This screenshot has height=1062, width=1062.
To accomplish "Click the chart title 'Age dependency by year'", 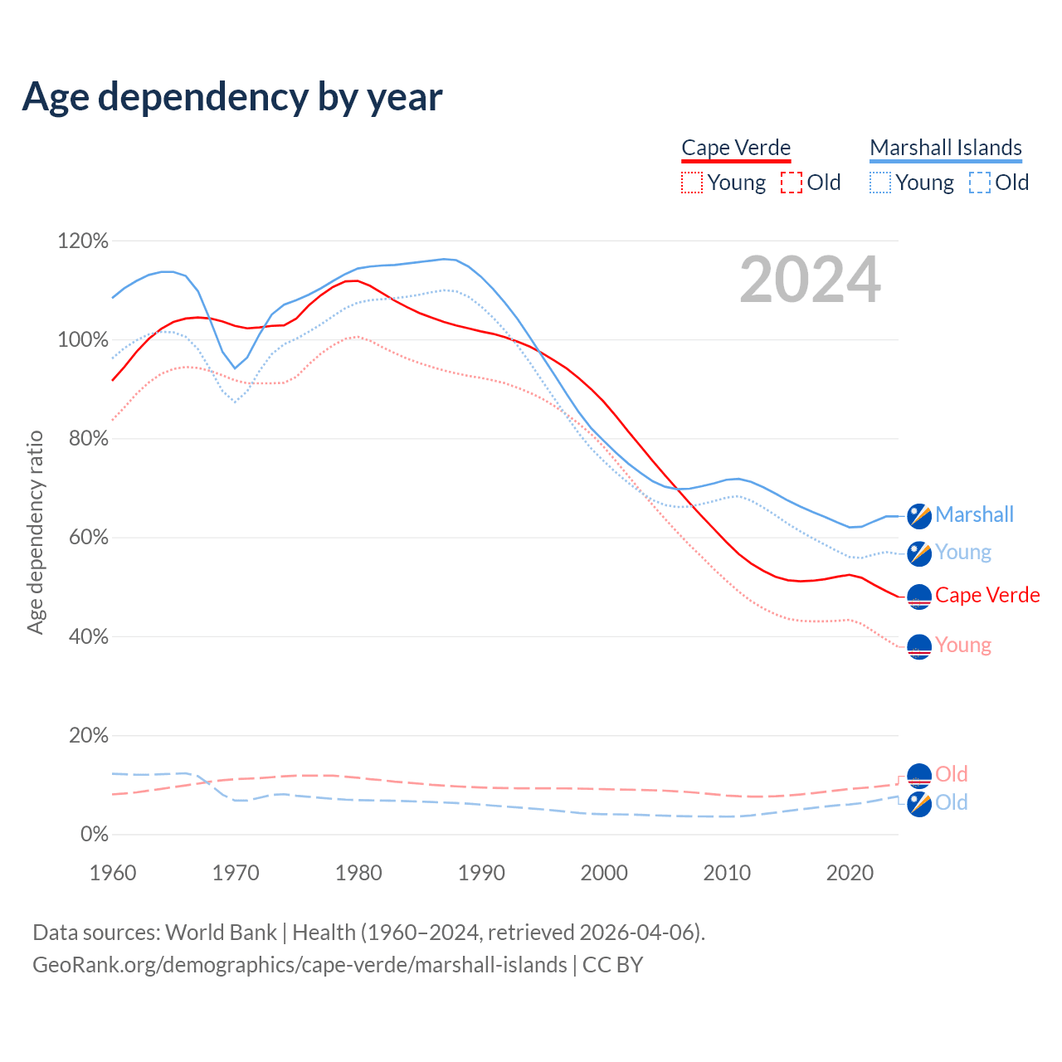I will point(232,97).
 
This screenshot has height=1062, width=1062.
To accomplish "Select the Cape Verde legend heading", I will point(736,148).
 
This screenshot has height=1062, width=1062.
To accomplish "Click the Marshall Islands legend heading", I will point(946,148).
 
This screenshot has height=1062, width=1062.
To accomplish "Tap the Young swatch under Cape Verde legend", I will point(692,183).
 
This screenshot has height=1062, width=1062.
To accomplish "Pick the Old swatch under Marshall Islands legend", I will point(980,183).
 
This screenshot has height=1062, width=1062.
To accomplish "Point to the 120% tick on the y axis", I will point(83,241).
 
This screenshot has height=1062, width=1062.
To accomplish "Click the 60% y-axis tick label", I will point(88,538).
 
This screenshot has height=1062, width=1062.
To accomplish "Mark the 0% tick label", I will point(94,835).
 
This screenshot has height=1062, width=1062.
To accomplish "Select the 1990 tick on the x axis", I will point(481,873).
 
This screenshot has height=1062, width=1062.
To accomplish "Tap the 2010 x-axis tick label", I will point(727,873).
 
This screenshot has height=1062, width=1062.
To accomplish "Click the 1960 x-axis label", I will point(113,873).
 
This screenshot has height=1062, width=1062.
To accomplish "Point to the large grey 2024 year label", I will point(810,280).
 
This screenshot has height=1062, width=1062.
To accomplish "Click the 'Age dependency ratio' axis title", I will point(35,532).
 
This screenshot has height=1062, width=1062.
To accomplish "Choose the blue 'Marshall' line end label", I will point(974,515).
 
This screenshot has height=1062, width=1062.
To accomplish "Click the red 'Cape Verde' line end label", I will point(987,596).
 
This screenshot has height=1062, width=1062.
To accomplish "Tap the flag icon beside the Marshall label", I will point(919,516).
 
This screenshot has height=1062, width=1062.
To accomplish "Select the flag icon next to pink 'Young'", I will point(919,646).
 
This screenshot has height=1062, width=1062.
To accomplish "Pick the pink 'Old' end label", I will point(951,774).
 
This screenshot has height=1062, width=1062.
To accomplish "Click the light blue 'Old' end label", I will point(951,802).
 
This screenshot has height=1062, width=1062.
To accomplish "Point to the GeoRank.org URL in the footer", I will point(300,965).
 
